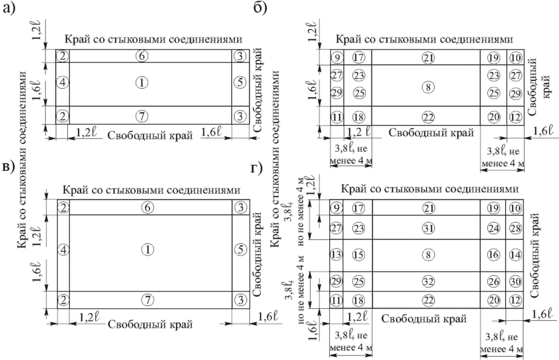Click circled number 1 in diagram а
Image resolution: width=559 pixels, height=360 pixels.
point(144,82)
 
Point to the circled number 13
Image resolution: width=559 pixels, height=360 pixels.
point(335,255)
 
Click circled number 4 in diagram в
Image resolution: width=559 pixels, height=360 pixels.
point(62,249)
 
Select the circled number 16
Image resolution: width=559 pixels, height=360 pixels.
point(493,255)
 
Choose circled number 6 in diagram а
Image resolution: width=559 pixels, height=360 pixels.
point(144,56)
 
